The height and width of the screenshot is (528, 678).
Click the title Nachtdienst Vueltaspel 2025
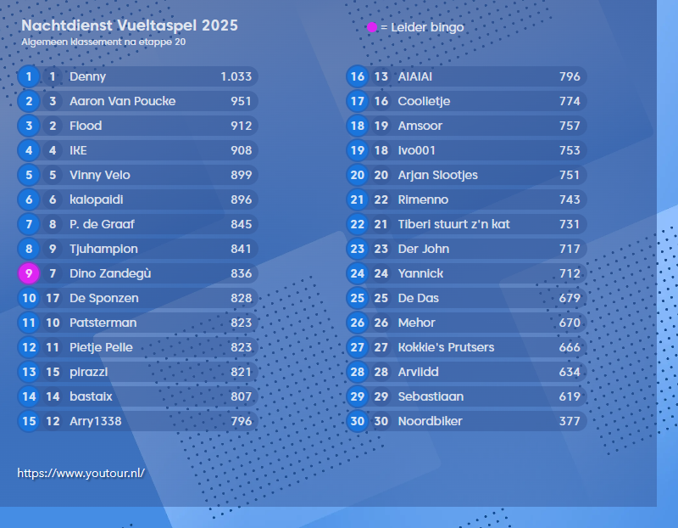click(130, 26)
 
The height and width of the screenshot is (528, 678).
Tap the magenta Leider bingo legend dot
click(372, 28)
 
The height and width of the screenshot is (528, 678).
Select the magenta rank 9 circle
click(29, 273)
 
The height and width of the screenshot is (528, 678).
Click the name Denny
click(88, 76)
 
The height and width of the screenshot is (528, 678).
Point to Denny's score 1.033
click(236, 76)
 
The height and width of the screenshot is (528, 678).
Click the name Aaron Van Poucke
click(123, 101)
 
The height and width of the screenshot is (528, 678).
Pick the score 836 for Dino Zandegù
click(241, 273)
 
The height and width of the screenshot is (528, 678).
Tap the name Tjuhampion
click(103, 249)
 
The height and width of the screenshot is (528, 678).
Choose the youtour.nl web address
click(81, 473)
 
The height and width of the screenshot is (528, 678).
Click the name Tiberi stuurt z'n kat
click(454, 224)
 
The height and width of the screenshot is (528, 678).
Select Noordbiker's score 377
click(570, 421)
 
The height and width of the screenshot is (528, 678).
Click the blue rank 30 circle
click(358, 421)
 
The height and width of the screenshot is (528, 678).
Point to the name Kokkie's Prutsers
click(446, 347)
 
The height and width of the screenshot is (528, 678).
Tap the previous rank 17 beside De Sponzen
click(53, 298)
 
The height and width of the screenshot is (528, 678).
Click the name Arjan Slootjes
click(438, 175)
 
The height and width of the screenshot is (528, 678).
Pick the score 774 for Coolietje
click(570, 101)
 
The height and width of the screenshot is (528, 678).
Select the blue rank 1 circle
click(29, 76)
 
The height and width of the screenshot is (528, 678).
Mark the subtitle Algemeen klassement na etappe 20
click(104, 42)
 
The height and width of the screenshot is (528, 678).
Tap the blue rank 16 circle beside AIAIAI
click(358, 76)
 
